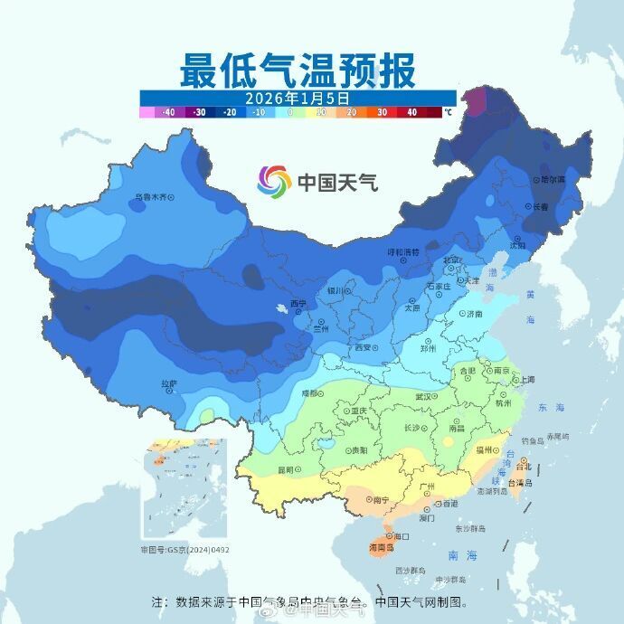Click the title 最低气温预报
point(298,69)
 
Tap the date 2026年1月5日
point(298,97)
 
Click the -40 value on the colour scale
point(168,113)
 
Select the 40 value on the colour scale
point(411,113)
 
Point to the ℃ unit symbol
point(448,113)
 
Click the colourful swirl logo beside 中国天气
point(274,182)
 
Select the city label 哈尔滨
point(553,179)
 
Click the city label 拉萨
point(168,383)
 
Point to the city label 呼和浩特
point(403,251)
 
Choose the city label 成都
point(310,393)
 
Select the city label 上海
point(527,380)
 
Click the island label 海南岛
point(383,548)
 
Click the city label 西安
point(364,347)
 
